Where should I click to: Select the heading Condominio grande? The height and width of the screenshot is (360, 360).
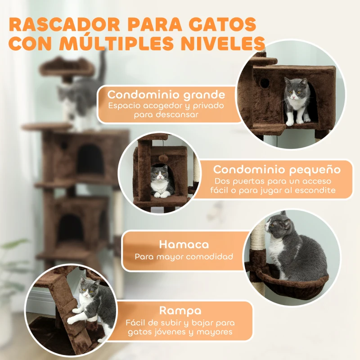coord(166,95)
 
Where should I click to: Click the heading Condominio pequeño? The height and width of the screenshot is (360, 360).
coord(276,170)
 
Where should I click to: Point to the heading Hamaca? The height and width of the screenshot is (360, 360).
coord(184,244)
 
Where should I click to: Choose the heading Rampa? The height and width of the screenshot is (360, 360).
coord(180,310)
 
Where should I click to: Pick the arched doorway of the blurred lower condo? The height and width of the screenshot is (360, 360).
coord(71,227)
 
